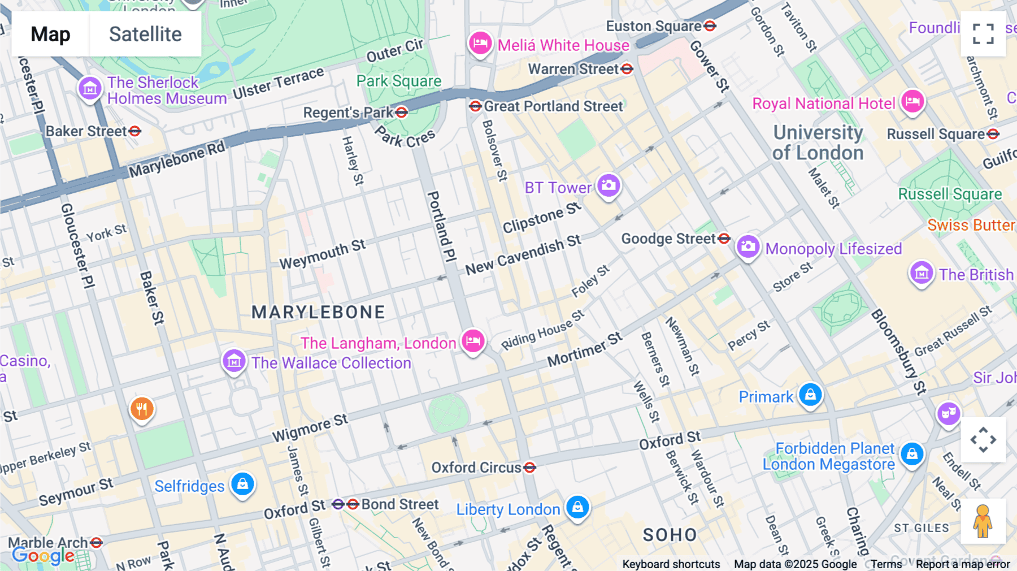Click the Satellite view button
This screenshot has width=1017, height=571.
(145, 34)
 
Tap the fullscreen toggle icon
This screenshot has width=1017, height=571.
(983, 34)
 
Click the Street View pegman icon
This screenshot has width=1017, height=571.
(983, 521)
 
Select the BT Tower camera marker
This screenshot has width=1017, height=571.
(609, 185)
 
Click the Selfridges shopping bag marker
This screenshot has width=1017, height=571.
(242, 485)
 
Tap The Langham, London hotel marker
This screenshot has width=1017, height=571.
(473, 341)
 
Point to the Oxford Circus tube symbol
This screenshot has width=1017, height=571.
(529, 468)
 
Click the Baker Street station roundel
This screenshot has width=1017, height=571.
(134, 131)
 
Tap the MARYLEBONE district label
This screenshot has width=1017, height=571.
(318, 312)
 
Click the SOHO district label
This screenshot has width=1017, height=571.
(670, 535)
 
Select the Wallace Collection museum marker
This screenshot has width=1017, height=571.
(234, 361)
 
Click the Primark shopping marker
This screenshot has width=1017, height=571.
(810, 395)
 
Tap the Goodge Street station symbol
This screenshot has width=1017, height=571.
(724, 239)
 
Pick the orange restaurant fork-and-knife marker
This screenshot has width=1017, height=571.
(142, 408)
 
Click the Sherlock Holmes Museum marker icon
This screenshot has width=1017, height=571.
(90, 89)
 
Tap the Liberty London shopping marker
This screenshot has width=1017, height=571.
(577, 507)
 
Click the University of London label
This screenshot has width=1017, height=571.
(818, 142)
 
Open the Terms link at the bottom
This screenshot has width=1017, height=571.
(886, 564)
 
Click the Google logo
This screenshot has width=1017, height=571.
(43, 556)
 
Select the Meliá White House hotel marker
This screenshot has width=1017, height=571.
(480, 43)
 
